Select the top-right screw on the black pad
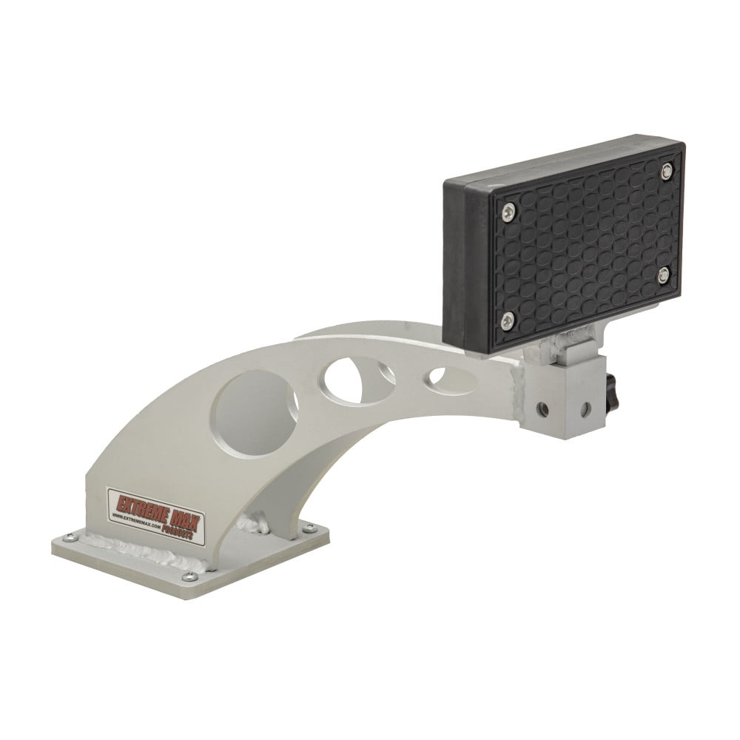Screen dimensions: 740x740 (667, 171)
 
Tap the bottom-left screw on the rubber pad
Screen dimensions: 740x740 (507, 319)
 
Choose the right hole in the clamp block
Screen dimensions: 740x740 (585, 408)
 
